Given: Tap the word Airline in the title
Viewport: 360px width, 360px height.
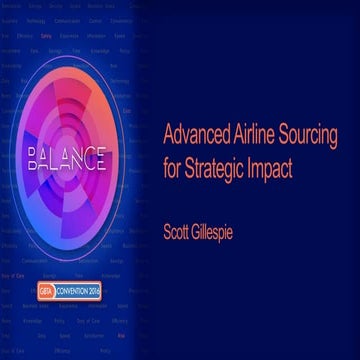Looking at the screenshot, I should point(250,135).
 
